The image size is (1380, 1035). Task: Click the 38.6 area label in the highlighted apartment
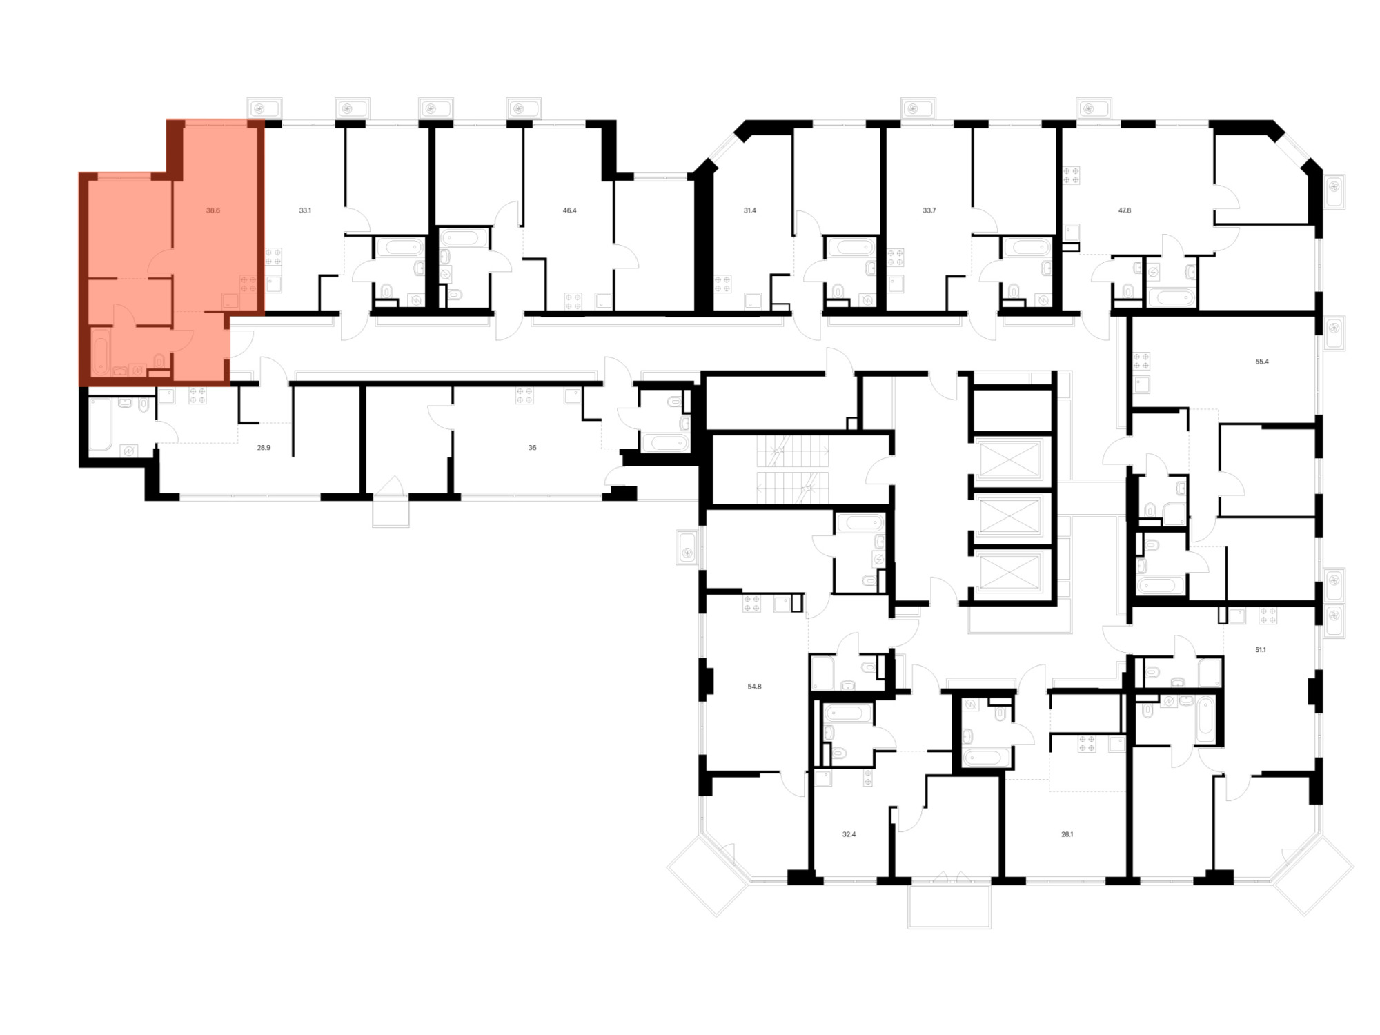pos(213,210)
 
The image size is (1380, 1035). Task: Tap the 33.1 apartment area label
pos(305,210)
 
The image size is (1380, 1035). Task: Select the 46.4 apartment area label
pos(569,210)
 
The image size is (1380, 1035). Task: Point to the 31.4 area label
pos(749,210)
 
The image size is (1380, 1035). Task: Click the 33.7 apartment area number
pos(929,210)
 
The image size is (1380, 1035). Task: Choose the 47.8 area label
pos(1124,210)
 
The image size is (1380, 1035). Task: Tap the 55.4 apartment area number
pos(1262,361)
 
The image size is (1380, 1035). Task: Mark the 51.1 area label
pos(1261,649)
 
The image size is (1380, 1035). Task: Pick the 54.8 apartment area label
pos(754,687)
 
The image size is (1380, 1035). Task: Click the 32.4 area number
pos(849,834)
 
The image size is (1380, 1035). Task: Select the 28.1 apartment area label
pos(1067,834)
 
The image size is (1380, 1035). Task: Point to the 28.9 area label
pos(264,448)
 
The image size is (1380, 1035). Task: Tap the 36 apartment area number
pos(532,448)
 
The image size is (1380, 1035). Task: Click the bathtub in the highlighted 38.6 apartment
pos(100,352)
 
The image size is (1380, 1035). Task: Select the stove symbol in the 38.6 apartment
pos(248,284)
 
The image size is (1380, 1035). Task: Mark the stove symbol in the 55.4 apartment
pos(1141,361)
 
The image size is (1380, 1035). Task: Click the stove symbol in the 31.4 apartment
pos(722,284)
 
